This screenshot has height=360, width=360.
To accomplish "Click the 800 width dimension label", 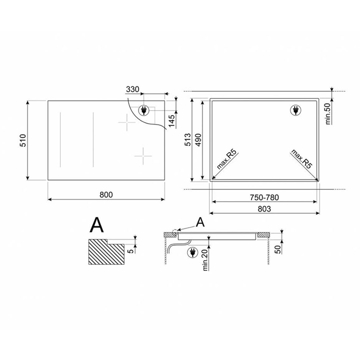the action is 106,195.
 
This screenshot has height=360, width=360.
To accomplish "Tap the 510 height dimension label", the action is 23,140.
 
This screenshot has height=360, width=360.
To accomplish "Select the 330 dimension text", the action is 132,89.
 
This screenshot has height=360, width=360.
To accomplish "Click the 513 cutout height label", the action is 188,140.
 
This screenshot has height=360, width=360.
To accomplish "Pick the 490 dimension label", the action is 198,140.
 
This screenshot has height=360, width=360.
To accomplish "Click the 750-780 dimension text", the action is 264,197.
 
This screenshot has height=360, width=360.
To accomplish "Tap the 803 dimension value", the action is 264,209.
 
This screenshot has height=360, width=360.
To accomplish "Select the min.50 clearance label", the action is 328,114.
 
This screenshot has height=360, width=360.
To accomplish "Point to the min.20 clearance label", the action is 205,260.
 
